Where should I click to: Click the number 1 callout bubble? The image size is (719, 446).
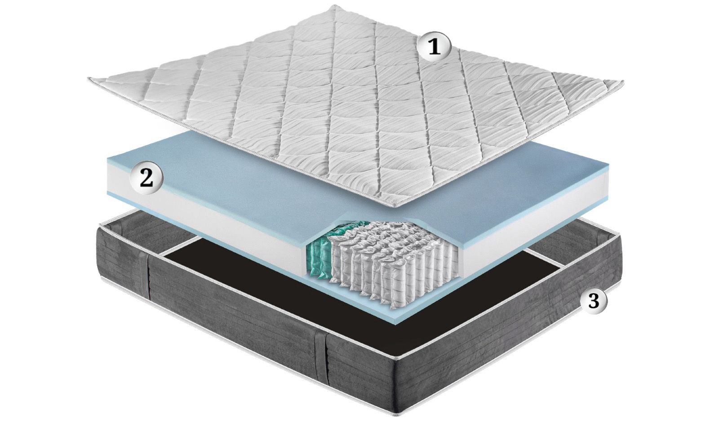coord(434,46)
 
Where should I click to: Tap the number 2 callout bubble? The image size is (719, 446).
coord(146,178)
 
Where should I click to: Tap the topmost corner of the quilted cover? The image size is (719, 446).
coord(335,5)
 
